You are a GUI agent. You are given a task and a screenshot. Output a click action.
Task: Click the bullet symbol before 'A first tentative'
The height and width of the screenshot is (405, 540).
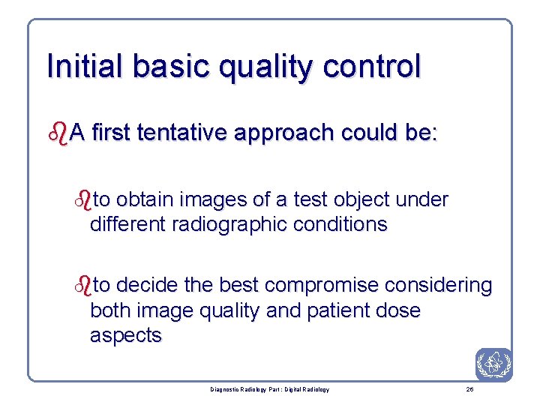point(57,133)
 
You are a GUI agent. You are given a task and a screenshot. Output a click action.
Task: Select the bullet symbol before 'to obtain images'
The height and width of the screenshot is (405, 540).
point(84,200)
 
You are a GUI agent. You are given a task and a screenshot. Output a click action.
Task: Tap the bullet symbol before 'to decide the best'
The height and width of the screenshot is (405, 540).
point(84,286)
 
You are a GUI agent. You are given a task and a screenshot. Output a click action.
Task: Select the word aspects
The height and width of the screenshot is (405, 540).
point(125,335)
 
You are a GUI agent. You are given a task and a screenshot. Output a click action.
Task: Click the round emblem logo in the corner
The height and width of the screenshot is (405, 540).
point(493,364)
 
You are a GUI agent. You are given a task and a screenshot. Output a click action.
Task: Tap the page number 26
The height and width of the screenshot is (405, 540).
point(469,389)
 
